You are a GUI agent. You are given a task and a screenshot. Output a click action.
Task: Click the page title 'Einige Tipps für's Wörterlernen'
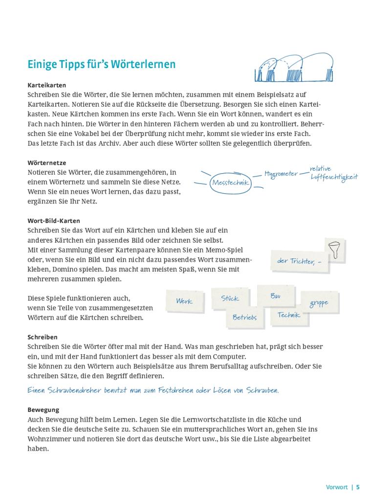(101, 65)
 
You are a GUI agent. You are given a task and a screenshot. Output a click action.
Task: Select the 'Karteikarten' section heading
(46, 85)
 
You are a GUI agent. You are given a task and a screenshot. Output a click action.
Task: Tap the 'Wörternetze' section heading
(46, 162)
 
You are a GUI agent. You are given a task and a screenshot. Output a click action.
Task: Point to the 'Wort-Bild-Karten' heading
(54, 221)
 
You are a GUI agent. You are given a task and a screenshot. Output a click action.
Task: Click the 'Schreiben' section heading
(43, 337)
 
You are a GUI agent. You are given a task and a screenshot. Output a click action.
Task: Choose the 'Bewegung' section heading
(43, 410)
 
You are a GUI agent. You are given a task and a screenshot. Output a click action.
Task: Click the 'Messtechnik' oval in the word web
(231, 183)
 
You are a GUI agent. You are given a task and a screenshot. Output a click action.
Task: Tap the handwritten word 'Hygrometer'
(281, 174)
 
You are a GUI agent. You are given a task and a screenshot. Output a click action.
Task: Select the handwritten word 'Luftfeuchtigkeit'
(334, 178)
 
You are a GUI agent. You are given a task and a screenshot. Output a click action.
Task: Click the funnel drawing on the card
(335, 249)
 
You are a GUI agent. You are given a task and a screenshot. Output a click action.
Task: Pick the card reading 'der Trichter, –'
(299, 261)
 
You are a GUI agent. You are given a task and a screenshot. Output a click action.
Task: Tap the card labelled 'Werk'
(184, 301)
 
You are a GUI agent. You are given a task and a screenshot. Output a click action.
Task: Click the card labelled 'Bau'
(275, 296)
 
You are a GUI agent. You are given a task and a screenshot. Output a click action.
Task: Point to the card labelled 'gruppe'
(319, 303)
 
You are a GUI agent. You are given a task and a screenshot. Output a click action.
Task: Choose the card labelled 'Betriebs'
(244, 318)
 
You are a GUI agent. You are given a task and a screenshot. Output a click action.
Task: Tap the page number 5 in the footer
(358, 487)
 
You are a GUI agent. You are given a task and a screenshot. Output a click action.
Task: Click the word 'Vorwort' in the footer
(337, 487)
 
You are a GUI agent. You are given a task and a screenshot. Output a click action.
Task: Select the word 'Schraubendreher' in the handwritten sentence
(72, 390)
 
